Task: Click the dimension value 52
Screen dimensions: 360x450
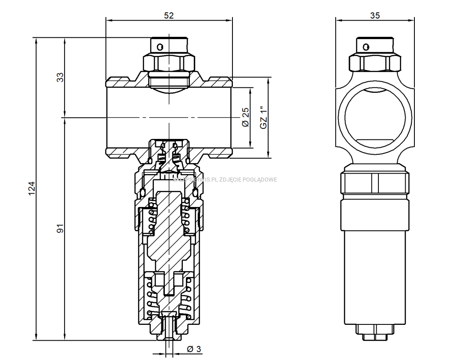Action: pos(169,15)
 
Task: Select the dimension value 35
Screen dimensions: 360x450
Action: pos(375,15)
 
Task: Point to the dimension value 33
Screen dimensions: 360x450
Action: pos(61,77)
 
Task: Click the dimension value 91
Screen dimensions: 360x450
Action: pos(61,228)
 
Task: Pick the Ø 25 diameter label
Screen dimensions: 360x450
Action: pos(246,117)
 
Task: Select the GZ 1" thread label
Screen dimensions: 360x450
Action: pos(263,117)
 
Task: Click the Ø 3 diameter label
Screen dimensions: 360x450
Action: pos(194,349)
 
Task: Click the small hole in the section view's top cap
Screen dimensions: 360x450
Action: pos(160,46)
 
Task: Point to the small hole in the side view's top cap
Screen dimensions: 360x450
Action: pos(364,46)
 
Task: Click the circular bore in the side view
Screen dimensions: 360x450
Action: pos(375,117)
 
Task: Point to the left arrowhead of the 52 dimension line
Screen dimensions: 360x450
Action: pos(109,20)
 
